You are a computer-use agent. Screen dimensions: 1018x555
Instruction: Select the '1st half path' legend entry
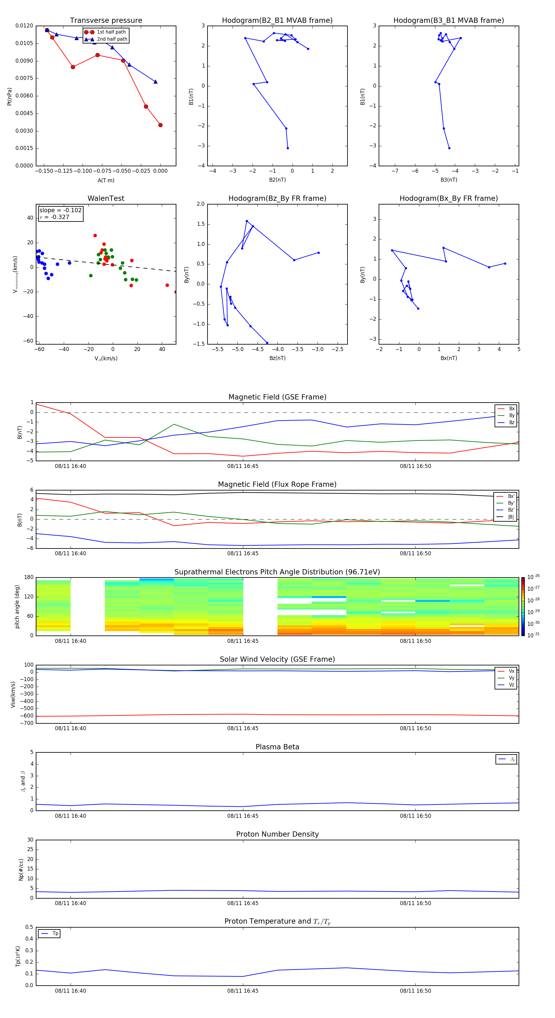[111, 32]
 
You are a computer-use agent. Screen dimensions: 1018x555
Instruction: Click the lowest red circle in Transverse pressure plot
[160, 125]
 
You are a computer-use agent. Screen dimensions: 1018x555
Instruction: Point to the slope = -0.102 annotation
[60, 210]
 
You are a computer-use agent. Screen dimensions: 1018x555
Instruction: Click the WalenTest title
[106, 198]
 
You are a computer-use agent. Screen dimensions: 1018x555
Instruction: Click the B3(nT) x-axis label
[449, 180]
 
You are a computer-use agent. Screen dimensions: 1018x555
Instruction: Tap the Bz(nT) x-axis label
[277, 358]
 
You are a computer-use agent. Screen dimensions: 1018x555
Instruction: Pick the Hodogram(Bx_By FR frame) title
[448, 198]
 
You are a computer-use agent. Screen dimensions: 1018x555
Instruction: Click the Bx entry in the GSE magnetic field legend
[511, 409]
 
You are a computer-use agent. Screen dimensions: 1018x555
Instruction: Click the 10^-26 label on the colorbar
[533, 577]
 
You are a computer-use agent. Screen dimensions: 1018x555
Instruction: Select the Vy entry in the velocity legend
[511, 678]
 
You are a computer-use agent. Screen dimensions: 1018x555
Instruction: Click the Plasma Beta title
[277, 747]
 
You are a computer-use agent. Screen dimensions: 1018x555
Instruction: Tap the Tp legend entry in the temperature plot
[55, 933]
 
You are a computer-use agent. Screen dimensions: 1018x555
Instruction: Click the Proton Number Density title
[277, 834]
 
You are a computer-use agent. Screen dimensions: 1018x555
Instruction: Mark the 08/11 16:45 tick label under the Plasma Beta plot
[243, 816]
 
